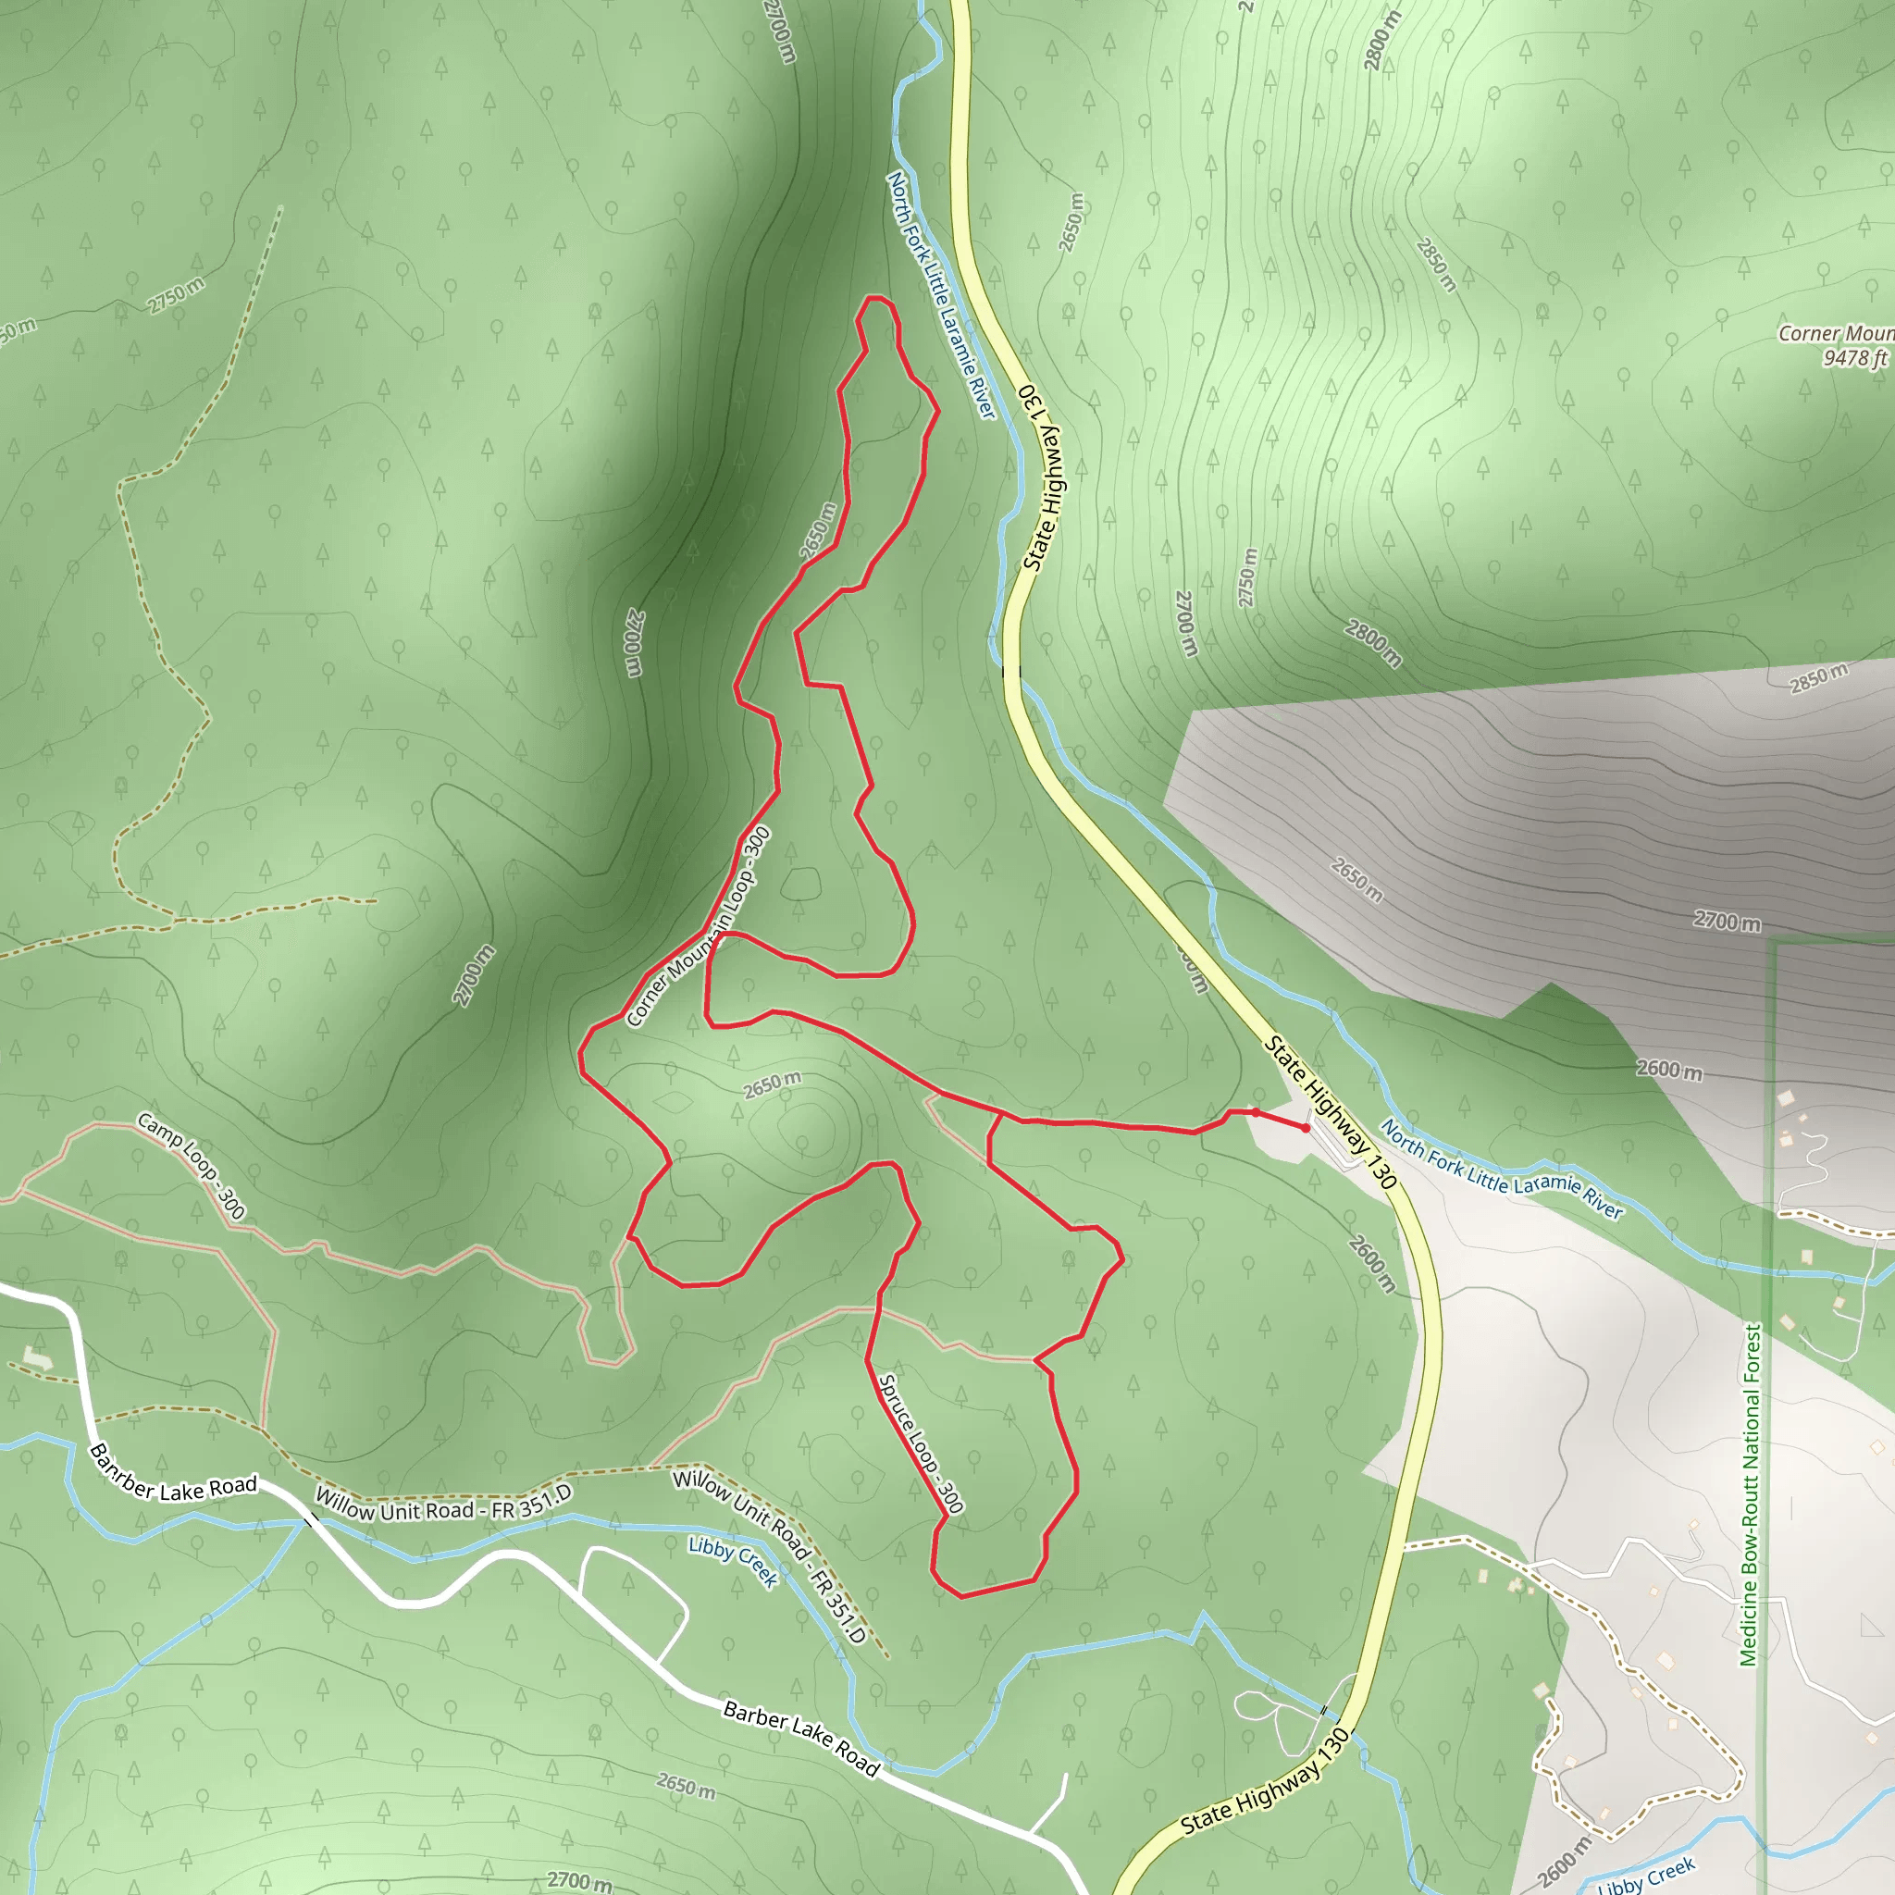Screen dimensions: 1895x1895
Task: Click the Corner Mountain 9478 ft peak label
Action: (x=1834, y=345)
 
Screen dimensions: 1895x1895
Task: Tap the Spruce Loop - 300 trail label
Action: (x=920, y=1443)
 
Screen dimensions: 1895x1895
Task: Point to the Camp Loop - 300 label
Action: (x=192, y=1164)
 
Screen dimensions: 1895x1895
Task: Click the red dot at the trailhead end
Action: (x=1306, y=1128)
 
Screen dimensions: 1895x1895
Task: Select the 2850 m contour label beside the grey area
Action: (x=1818, y=676)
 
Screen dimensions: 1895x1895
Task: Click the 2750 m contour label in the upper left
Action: (x=177, y=295)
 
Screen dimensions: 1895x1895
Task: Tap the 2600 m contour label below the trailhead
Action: (x=1371, y=1263)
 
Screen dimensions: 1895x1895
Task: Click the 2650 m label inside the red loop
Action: (x=772, y=1084)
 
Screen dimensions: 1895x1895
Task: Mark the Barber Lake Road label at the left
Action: (x=173, y=1475)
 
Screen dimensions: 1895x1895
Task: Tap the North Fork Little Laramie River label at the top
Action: (x=941, y=293)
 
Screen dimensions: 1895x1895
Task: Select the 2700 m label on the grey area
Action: (x=1727, y=921)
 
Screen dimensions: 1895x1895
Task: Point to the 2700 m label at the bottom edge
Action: (x=579, y=1879)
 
